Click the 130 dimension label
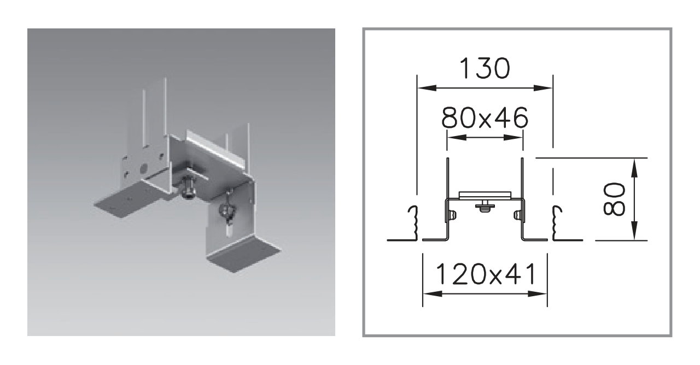(x=485, y=68)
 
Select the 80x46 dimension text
(x=485, y=117)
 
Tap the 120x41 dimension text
(x=485, y=274)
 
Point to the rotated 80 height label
(x=614, y=199)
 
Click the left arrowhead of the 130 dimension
(x=427, y=88)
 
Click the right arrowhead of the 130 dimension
(x=543, y=88)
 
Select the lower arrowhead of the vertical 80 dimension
(x=634, y=230)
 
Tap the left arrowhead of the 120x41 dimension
(x=433, y=293)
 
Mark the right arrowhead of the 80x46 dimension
(x=513, y=137)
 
